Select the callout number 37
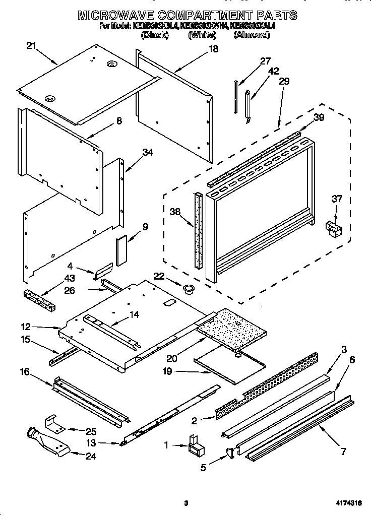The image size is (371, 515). [x=336, y=200]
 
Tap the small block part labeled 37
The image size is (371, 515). [x=334, y=228]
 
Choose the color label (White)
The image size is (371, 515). [x=202, y=35]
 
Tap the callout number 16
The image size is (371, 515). [x=25, y=372]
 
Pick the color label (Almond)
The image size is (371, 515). [x=251, y=35]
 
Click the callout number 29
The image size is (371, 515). [x=284, y=81]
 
